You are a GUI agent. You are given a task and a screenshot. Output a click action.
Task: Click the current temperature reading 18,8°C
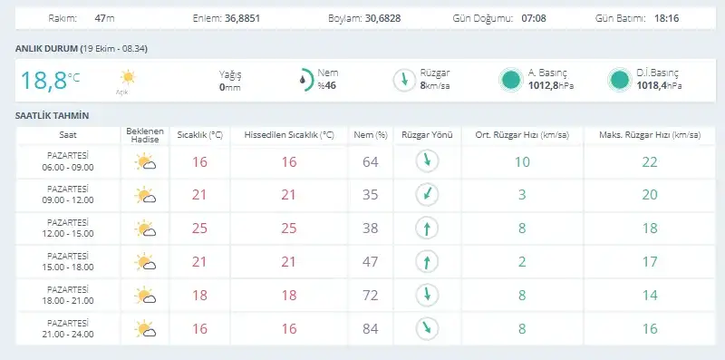click(x=50, y=80)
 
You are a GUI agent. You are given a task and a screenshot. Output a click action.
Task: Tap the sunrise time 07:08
click(x=534, y=18)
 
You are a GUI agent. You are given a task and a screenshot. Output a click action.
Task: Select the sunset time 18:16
click(x=667, y=18)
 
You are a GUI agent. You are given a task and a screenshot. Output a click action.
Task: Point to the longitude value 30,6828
click(x=382, y=18)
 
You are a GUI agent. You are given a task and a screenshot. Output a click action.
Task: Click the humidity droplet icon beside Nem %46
click(x=303, y=80)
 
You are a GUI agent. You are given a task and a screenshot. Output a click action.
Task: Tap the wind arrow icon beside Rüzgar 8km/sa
click(x=404, y=80)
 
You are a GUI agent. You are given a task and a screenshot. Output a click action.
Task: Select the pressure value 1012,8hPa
click(x=551, y=85)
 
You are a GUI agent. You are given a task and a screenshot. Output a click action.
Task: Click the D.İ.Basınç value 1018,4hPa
click(x=659, y=85)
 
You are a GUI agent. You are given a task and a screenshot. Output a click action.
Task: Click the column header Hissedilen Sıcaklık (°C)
click(x=289, y=135)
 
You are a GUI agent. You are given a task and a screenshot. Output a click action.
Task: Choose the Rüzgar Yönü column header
click(x=427, y=135)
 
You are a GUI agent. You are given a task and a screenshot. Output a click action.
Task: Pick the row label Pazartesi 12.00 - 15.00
click(x=67, y=229)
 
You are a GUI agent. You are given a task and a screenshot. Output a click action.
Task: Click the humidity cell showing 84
click(x=371, y=328)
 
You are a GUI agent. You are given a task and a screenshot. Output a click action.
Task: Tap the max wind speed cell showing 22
click(x=650, y=162)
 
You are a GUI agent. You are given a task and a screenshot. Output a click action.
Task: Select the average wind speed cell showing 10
click(x=522, y=162)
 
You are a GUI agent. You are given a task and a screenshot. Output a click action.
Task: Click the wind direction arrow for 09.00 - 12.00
click(x=427, y=194)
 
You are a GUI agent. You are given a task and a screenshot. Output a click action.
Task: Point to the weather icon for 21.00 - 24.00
click(x=145, y=328)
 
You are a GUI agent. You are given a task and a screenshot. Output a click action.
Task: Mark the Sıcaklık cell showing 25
click(x=199, y=229)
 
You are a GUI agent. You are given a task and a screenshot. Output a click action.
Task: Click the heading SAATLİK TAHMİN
click(x=52, y=116)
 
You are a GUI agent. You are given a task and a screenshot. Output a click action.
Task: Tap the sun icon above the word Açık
click(x=127, y=77)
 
